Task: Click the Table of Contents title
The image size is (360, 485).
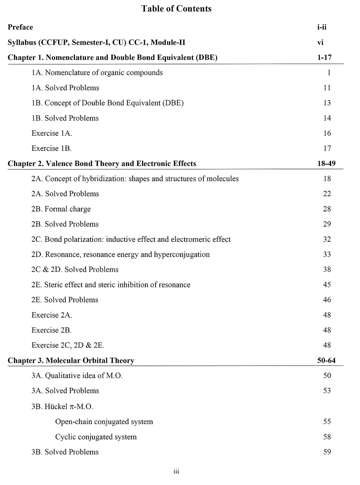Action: pos(176,9)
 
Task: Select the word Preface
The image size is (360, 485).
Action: pos(20,27)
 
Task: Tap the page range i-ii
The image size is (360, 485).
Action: pos(322,27)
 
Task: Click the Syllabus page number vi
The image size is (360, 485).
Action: pos(320,42)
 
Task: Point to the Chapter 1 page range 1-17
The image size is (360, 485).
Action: pos(324,58)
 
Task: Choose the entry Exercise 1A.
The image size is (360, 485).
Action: pos(52,133)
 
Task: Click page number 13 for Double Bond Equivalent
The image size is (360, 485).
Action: pos(327,103)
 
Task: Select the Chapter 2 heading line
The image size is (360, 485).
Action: pos(102,164)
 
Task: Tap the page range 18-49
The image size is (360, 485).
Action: pos(326,164)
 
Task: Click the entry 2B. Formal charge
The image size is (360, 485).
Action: pos(61,209)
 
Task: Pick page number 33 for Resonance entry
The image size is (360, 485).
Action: pos(327,254)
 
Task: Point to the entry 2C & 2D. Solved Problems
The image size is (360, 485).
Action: pos(75,269)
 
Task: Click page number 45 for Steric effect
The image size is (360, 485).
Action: pos(327,285)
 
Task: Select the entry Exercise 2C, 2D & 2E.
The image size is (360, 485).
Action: pos(68,345)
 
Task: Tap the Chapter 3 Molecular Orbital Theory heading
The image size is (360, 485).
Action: pos(71,360)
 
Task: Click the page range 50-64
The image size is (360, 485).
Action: pos(326,360)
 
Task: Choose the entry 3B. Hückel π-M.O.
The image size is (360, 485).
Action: pos(62,406)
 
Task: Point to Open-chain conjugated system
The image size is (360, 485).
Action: pos(104,422)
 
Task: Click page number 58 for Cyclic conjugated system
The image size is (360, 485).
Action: pos(327,437)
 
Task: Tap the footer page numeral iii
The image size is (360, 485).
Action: pos(176,471)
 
